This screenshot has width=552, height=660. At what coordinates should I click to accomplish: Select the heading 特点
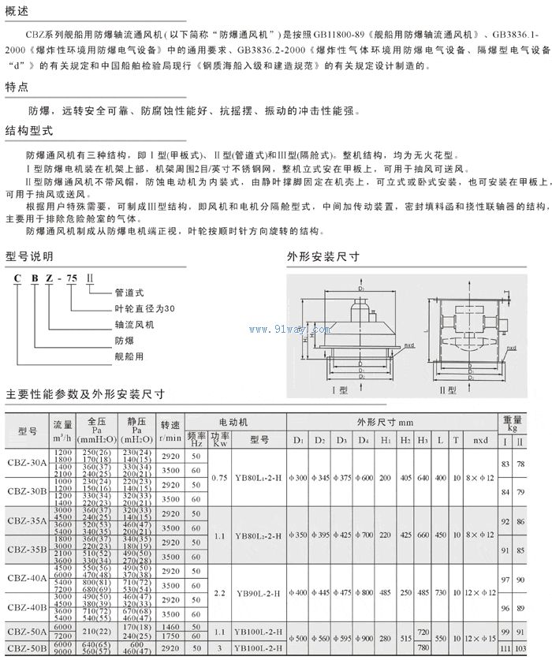point(17,88)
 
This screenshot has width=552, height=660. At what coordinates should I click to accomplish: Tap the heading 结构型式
point(28,132)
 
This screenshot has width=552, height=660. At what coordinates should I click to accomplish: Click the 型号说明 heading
point(28,256)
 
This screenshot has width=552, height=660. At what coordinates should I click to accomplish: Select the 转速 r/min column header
point(171,429)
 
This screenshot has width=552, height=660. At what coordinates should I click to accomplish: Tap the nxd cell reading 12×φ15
point(479,634)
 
